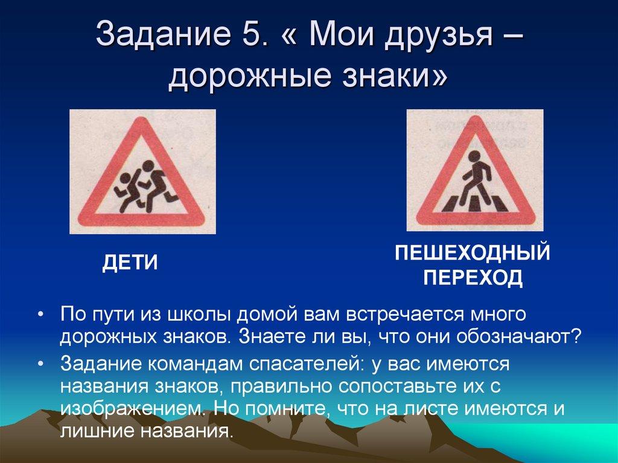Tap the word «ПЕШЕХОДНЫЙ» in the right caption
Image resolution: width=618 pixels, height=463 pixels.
pos(473,253)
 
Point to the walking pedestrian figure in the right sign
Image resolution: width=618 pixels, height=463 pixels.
pos(474,175)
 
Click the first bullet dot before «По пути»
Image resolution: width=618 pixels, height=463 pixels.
pos(40,317)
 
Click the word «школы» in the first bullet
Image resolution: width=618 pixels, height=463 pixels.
pos(198,316)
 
